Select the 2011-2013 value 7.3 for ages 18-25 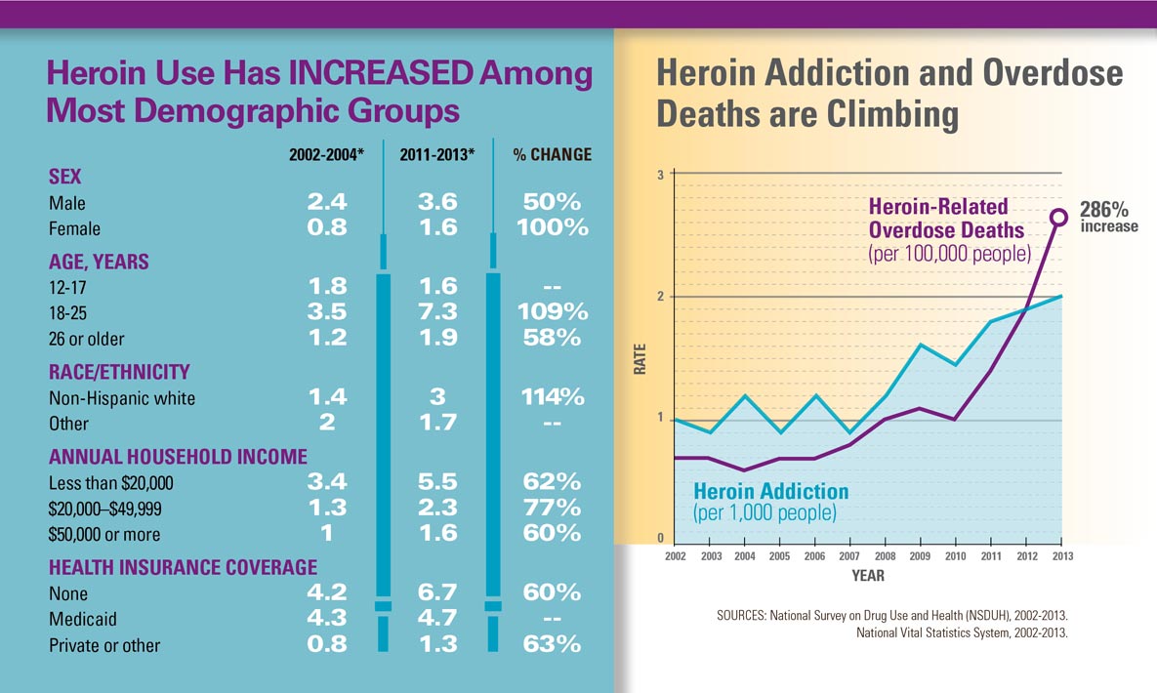point(437,312)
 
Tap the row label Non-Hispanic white point(122,398)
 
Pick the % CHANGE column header point(553,155)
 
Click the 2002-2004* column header point(326,155)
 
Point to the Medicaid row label point(82,619)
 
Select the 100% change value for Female point(553,228)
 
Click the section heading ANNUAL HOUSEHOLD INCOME point(178,457)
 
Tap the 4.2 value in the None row point(326,593)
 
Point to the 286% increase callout point(1107,217)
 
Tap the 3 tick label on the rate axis point(660,176)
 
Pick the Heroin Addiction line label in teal point(770,491)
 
